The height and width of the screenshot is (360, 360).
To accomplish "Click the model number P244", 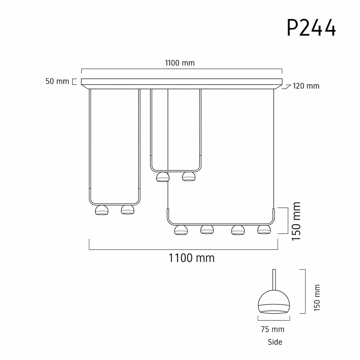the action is [x=311, y=27].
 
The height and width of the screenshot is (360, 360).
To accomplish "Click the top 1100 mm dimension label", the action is [x=180, y=63].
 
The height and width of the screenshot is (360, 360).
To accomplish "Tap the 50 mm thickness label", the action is [x=57, y=81].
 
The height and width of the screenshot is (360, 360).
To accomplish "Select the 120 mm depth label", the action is [x=306, y=86].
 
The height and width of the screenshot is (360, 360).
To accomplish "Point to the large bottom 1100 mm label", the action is [x=192, y=258].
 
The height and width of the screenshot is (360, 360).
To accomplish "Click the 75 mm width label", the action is [x=272, y=329].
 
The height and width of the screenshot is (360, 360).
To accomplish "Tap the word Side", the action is [x=275, y=342].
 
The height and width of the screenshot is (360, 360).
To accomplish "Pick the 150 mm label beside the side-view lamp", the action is [x=317, y=298].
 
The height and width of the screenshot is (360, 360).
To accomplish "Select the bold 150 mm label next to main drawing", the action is [x=296, y=221].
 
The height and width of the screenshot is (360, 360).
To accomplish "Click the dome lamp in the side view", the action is [x=274, y=302].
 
